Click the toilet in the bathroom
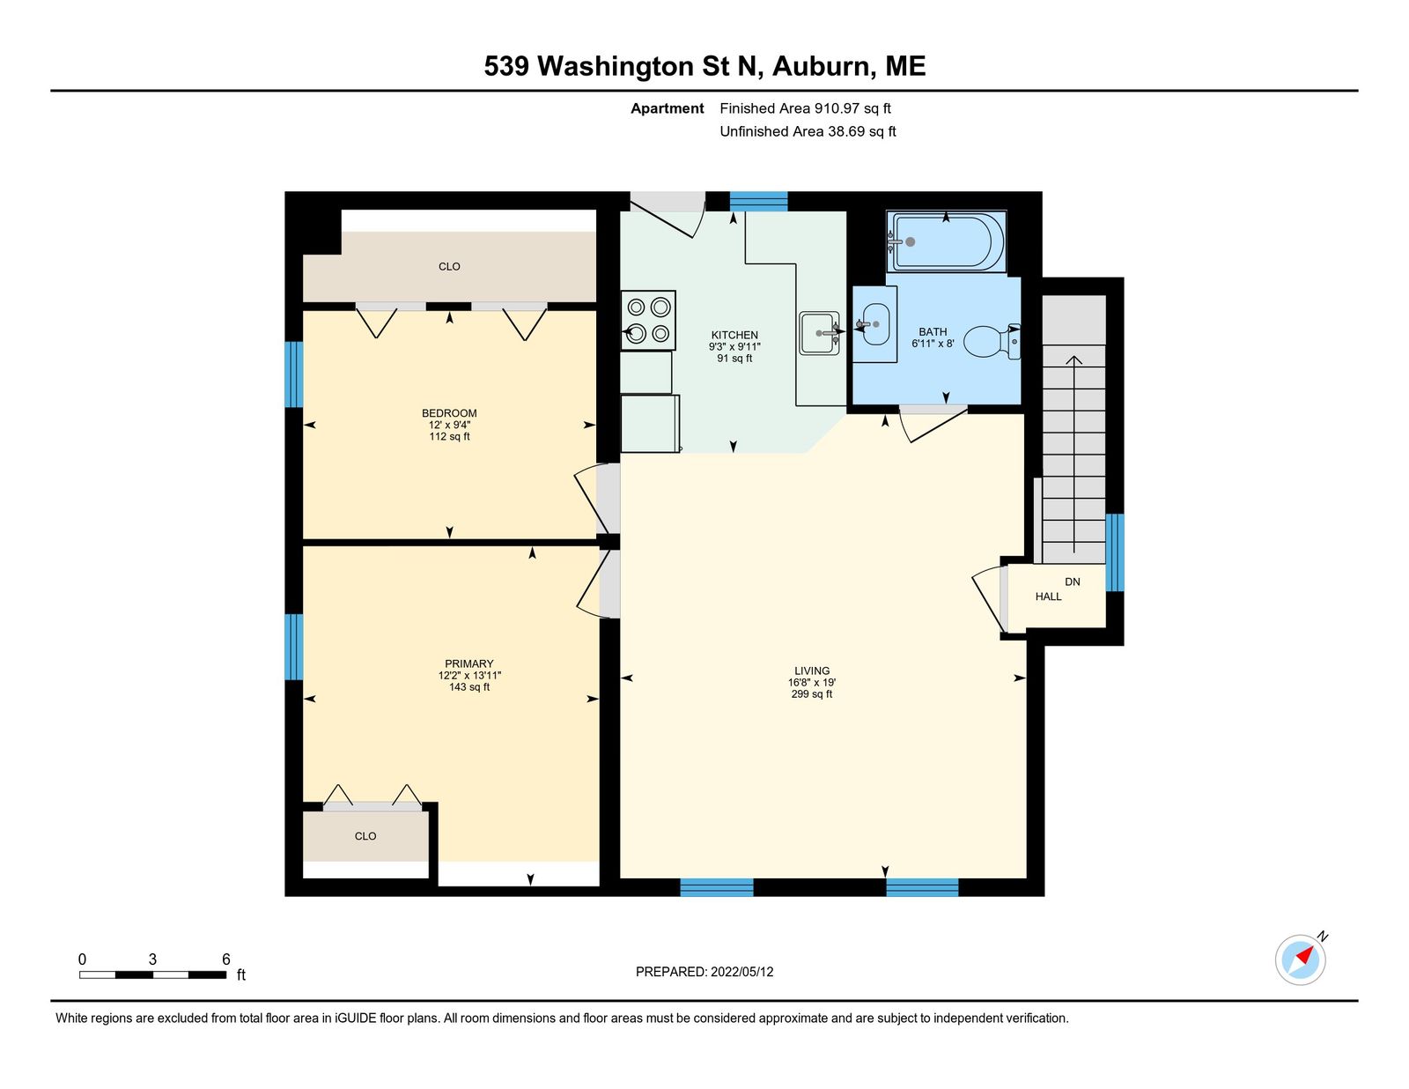[992, 341]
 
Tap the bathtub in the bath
[946, 241]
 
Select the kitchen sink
[820, 333]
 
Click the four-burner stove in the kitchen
[648, 321]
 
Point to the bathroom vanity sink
[874, 323]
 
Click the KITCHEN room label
[734, 336]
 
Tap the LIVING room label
[812, 670]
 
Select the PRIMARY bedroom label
[468, 663]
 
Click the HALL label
[1048, 596]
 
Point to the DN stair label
[1073, 582]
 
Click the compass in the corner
[1300, 959]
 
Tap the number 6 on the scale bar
[226, 959]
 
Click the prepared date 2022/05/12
[741, 972]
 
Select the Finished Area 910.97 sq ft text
[805, 108]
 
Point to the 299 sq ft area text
[812, 694]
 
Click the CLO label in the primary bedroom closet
[365, 836]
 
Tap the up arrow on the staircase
[1073, 454]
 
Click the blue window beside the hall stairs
[1114, 552]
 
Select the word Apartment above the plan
[668, 108]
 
